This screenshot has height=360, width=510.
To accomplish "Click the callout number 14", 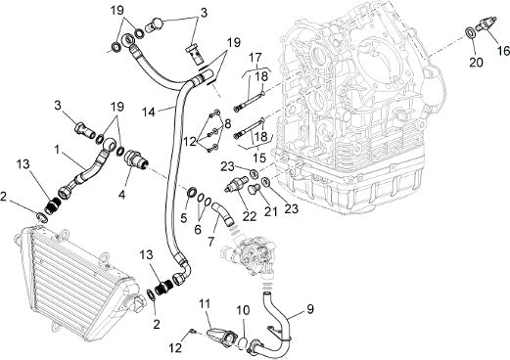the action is coord(149,112).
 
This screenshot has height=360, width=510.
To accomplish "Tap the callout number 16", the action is coord(503,51).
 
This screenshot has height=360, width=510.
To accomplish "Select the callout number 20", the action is coord(476,62).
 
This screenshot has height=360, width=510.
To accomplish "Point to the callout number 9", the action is coord(309,309).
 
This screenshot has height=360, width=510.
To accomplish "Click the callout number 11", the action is coord(206,304).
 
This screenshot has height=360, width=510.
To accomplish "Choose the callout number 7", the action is coord(210,242).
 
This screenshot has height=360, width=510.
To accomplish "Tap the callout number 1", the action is coord(57,150).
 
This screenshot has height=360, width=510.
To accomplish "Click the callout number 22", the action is coord(250,216).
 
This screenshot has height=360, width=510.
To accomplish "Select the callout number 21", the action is coord(270,211).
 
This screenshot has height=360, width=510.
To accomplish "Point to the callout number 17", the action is coord(255,58).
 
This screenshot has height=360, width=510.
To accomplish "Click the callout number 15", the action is coord(259,157).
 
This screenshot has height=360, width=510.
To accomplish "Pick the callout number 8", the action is coord(227,124).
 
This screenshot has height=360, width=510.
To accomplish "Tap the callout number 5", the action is coord(184,218).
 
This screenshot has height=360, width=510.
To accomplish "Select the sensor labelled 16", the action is coord(487,24).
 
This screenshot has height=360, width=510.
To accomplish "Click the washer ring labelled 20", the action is coord(470,32).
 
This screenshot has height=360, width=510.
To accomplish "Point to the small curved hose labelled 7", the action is coord(222,214).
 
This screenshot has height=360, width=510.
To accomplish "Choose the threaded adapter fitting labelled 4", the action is coord(136,157).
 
